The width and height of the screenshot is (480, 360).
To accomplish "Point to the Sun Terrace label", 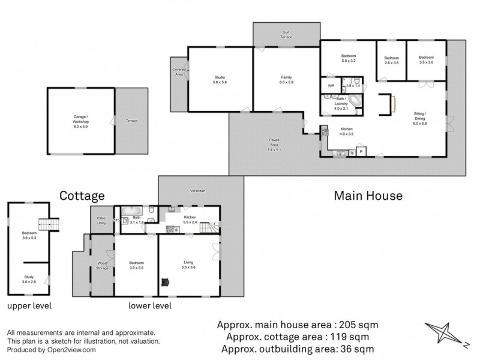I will point(286,34).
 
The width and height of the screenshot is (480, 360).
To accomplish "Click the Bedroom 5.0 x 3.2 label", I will point(349,59).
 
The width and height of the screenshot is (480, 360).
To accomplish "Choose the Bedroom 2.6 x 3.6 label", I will point(391,60).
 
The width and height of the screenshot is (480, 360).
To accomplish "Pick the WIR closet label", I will point(331,86).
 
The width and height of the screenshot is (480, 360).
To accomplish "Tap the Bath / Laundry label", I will point(341,103).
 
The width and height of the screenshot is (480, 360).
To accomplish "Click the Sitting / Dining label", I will point(420,118).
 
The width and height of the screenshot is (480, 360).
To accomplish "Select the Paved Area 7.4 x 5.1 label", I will point(274,144).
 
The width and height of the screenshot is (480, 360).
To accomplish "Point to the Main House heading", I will point(368,196).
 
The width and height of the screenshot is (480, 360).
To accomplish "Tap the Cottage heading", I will point(82,196).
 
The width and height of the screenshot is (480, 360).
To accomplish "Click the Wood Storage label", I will point(103,265).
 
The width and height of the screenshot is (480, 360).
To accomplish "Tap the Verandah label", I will point(198,191).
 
